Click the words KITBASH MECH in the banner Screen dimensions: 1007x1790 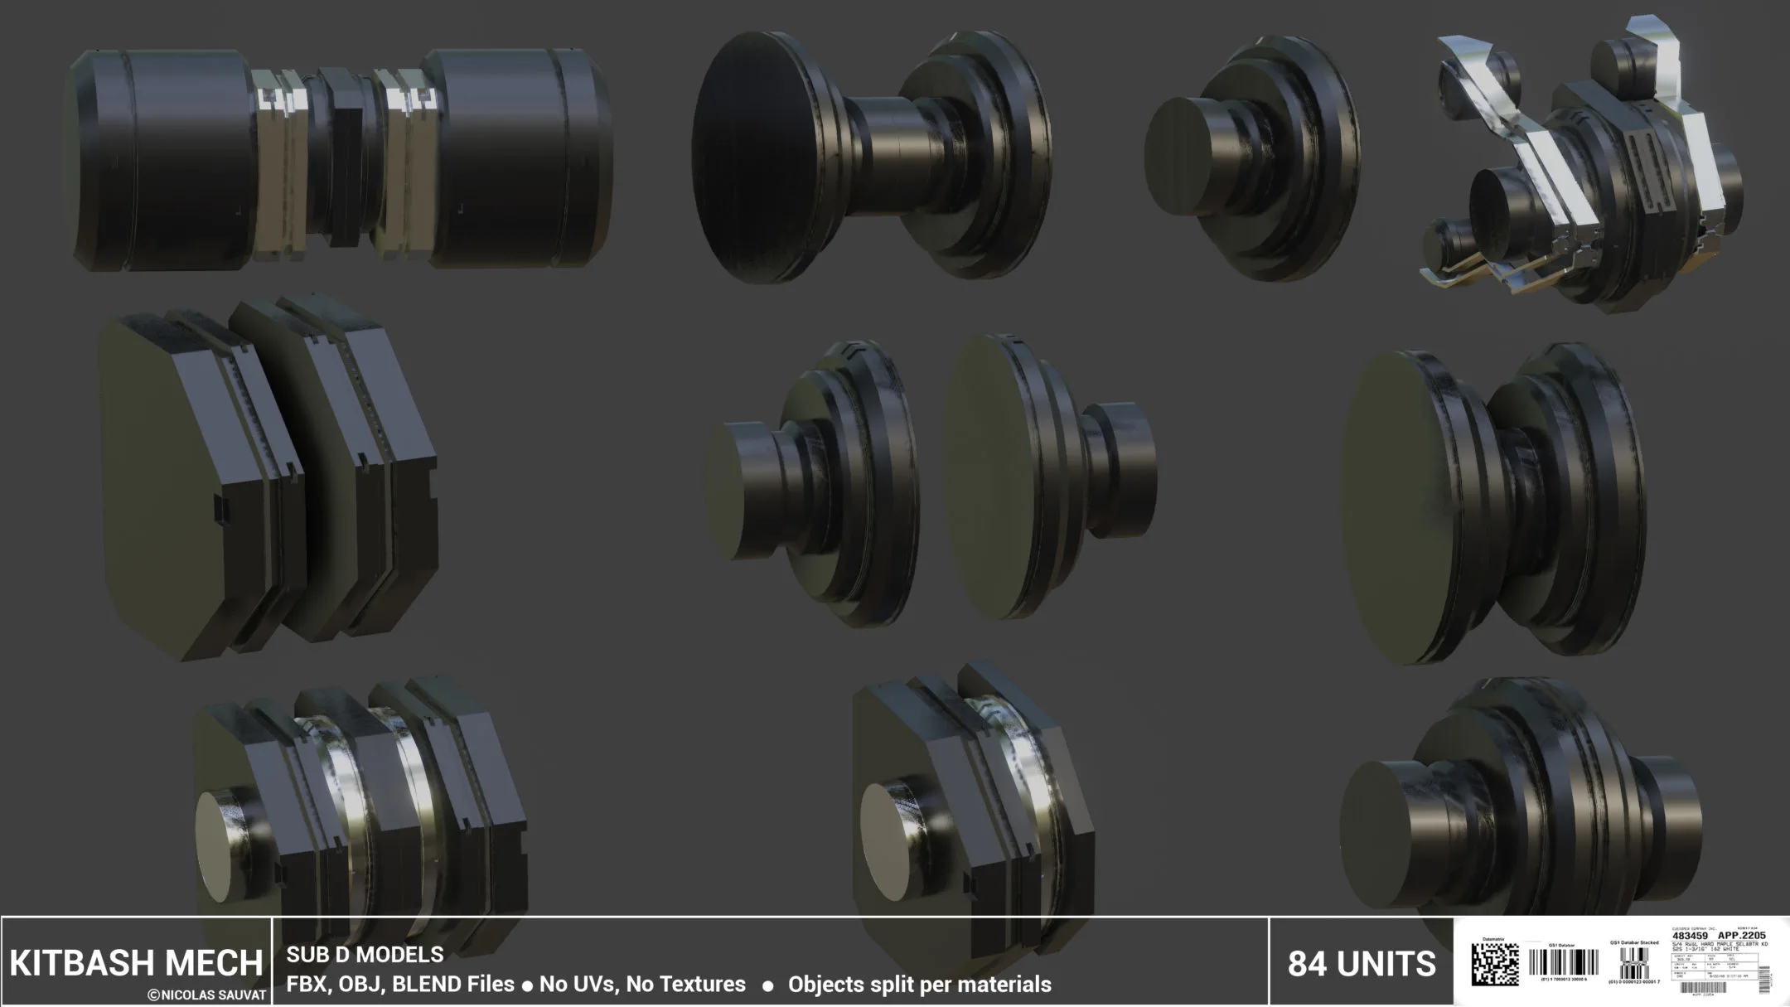pyautogui.click(x=136, y=962)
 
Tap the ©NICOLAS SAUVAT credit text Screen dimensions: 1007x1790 pyautogui.click(x=207, y=995)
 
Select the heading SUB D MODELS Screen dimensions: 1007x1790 pyautogui.click(x=365, y=955)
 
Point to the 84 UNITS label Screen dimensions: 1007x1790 pyautogui.click(x=1362, y=964)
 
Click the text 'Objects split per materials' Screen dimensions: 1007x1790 pyautogui.click(x=919, y=985)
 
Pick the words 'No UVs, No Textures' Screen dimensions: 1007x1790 pyautogui.click(x=642, y=985)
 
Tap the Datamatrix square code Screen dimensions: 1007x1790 pyautogui.click(x=1495, y=964)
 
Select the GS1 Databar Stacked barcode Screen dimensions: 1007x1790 pyautogui.click(x=1633, y=965)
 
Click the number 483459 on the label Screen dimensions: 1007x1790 pyautogui.click(x=1690, y=936)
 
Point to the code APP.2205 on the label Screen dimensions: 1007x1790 pyautogui.click(x=1742, y=936)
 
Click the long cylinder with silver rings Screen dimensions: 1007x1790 pyautogui.click(x=340, y=159)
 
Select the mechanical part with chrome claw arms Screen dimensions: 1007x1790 pyautogui.click(x=1583, y=166)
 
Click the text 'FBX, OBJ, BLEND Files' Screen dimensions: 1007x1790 pyautogui.click(x=399, y=985)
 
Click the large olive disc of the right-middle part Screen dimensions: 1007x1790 pyautogui.click(x=1401, y=506)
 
